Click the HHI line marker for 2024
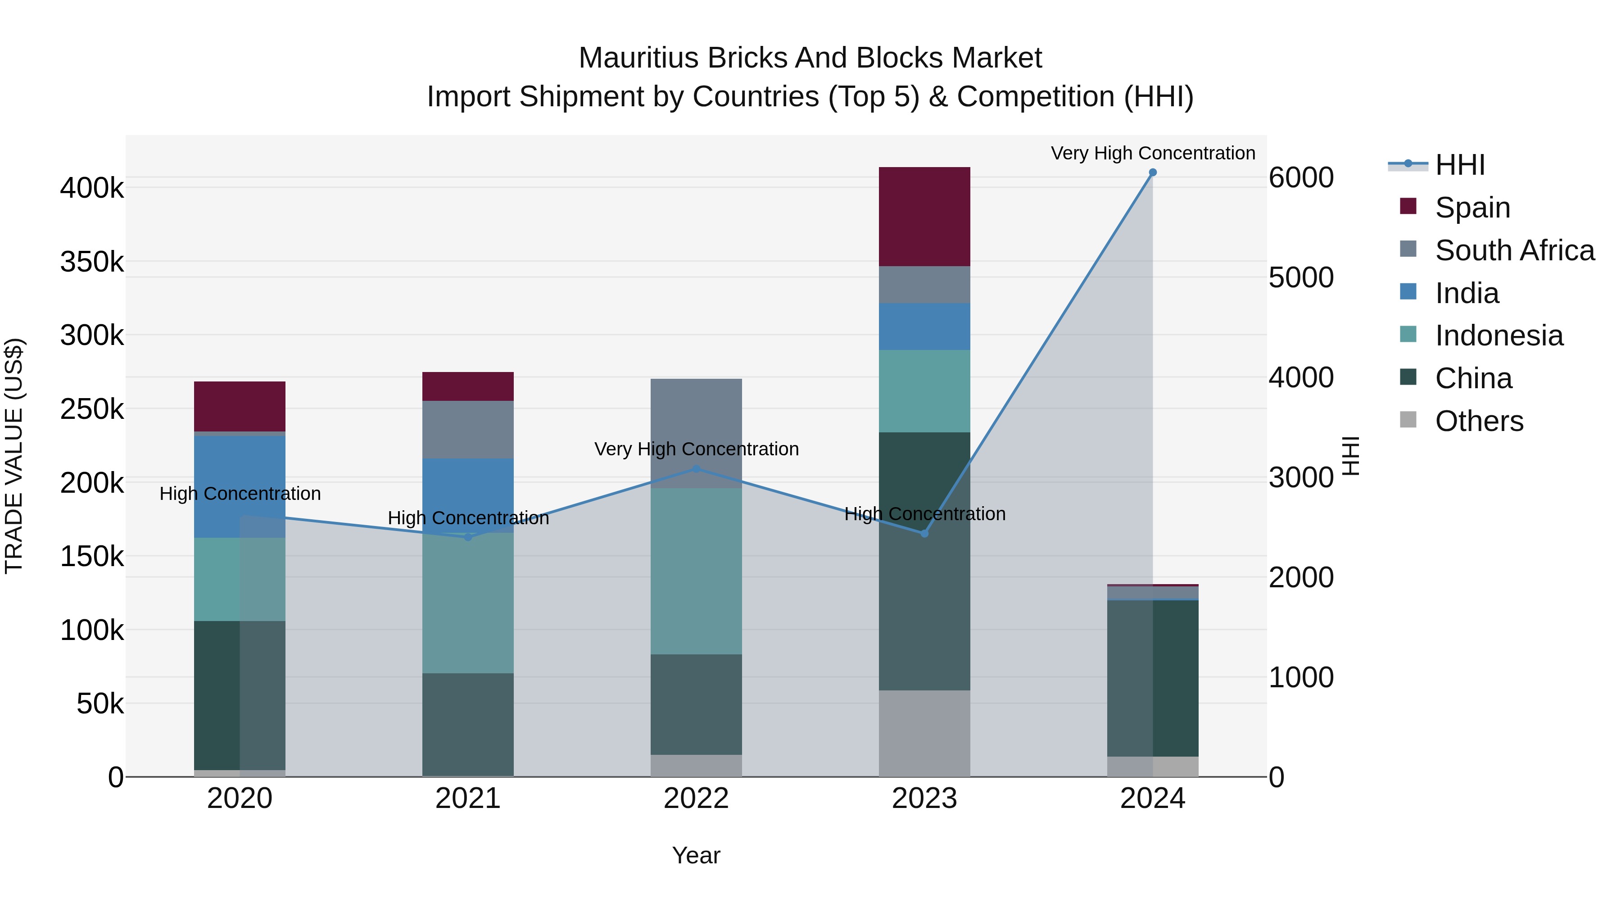(1152, 172)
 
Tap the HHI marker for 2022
(696, 469)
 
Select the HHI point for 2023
(924, 534)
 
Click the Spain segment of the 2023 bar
(924, 217)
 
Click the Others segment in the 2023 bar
(924, 733)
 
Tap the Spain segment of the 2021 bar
(467, 386)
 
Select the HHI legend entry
(1459, 165)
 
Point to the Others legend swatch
(1408, 420)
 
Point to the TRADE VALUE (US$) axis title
(14, 456)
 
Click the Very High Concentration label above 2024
(1152, 154)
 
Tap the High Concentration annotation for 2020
(240, 494)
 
